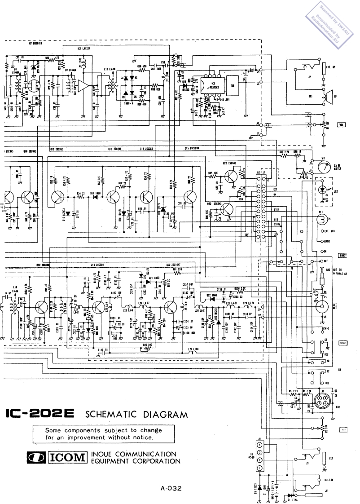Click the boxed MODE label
pos(342,343)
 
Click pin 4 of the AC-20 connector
pos(259,444)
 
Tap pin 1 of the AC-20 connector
pos(259,469)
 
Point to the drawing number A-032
pos(171,488)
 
